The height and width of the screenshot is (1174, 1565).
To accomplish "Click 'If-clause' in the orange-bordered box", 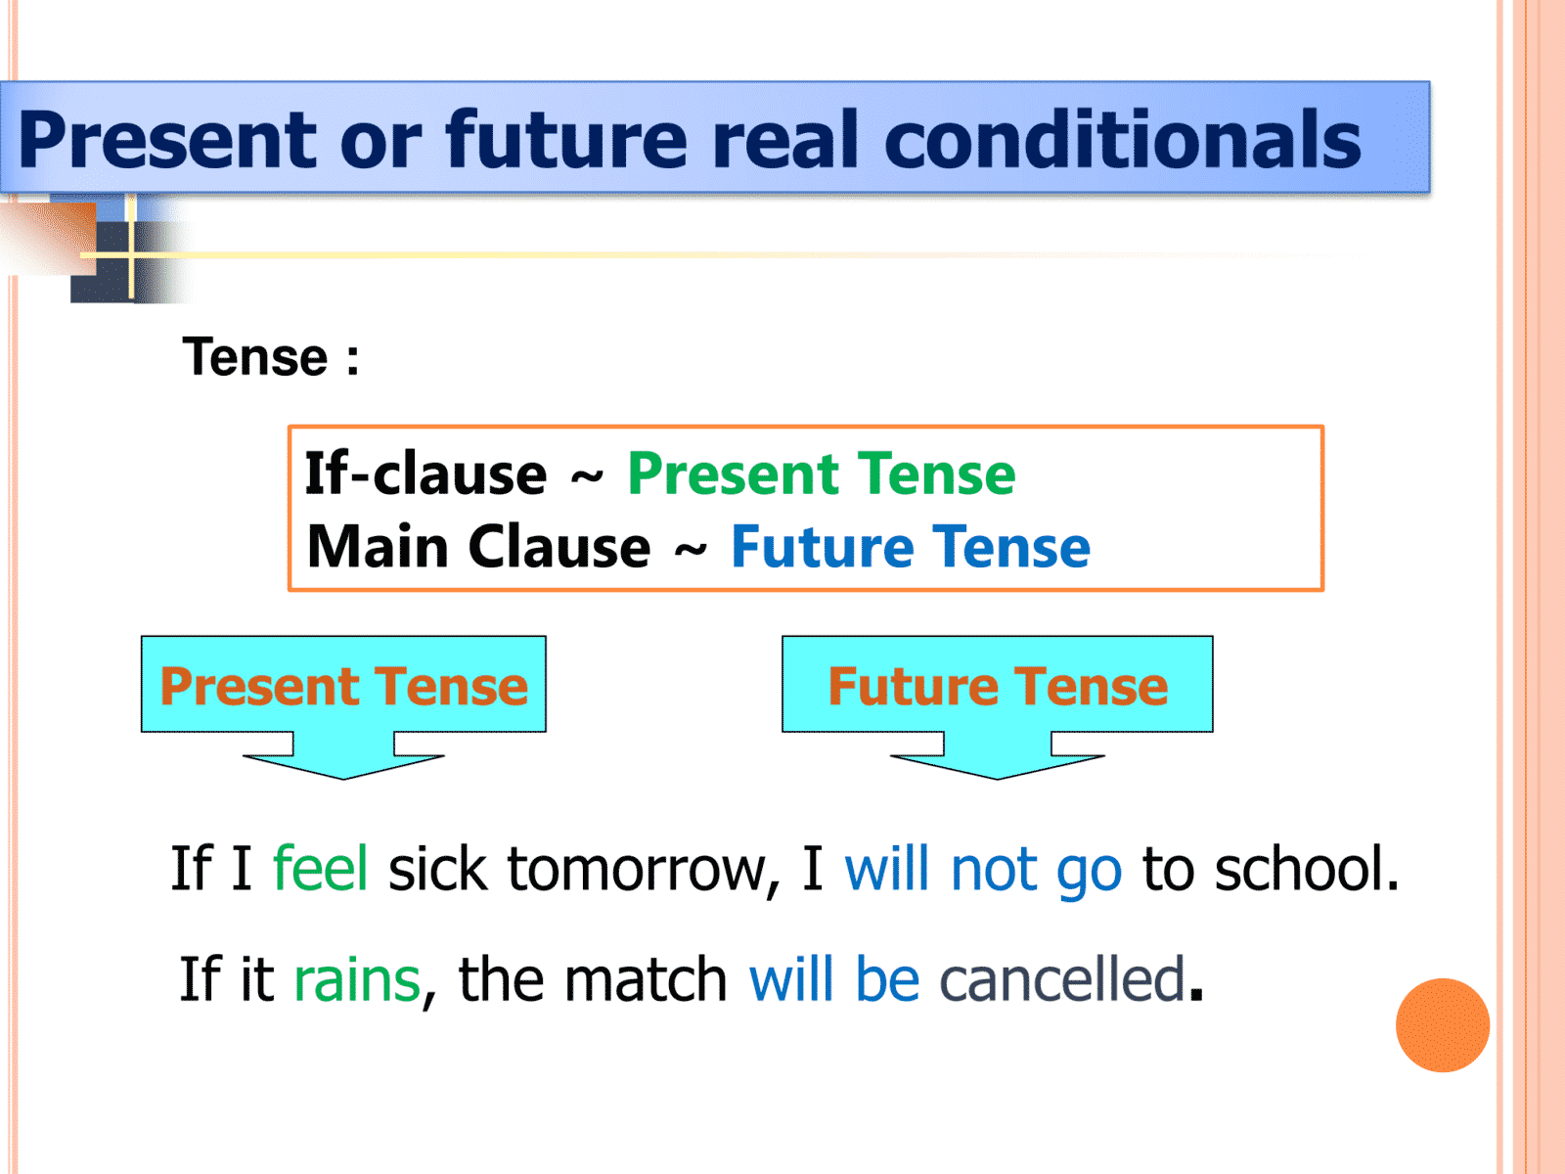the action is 425,474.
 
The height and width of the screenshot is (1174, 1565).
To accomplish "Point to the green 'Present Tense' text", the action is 822,474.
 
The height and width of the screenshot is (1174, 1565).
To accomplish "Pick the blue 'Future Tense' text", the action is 911,547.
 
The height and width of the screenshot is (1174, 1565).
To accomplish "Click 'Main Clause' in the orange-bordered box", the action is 478,547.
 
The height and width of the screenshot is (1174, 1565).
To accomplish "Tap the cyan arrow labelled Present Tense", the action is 343,707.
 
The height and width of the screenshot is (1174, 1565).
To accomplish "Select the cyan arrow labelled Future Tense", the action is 998,707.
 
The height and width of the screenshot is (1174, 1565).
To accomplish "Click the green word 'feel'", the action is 320,868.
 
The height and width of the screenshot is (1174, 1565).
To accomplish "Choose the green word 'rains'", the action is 357,979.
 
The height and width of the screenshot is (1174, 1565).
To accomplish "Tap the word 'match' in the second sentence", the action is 646,978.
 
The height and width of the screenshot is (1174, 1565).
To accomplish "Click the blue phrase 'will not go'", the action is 983,870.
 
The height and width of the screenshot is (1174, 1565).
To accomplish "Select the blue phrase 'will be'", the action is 834,978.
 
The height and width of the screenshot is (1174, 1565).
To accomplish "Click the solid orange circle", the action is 1443,1025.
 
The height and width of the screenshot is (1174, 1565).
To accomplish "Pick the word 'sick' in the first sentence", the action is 438,868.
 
